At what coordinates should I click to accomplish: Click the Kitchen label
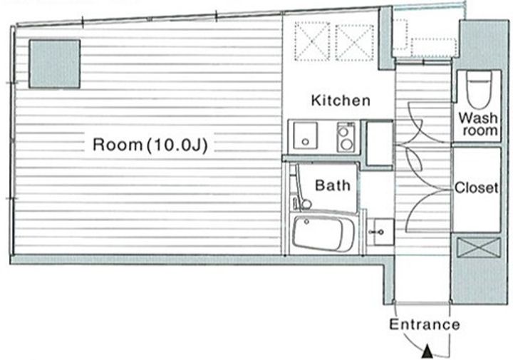click(341, 100)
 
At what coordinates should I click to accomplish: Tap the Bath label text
click(333, 185)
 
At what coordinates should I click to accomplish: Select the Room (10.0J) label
click(150, 145)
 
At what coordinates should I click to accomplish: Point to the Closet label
click(477, 188)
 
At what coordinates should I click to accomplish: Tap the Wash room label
click(477, 124)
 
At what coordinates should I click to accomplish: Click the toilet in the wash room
click(479, 88)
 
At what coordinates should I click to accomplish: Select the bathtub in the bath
click(323, 233)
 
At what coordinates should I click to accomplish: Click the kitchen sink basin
click(305, 136)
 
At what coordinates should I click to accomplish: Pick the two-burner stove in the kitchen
click(346, 137)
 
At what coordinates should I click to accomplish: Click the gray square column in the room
click(55, 64)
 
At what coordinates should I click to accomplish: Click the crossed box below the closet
click(479, 248)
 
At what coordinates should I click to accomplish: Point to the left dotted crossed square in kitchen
click(312, 41)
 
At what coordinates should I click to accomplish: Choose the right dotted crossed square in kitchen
click(355, 43)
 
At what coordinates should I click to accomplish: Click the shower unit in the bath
click(301, 190)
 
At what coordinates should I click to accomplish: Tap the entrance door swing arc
click(413, 343)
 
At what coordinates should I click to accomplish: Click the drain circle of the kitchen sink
click(305, 142)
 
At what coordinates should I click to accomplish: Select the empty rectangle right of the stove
click(379, 143)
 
